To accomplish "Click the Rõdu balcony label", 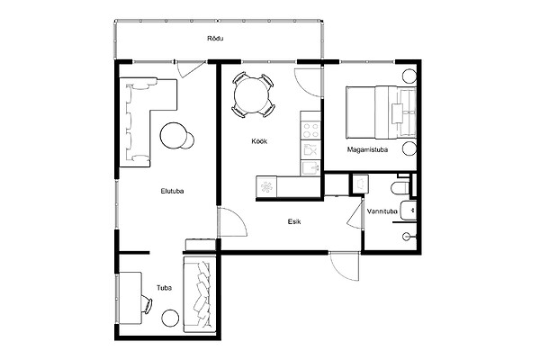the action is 215,38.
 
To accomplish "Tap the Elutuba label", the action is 172,191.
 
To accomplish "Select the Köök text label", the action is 259,141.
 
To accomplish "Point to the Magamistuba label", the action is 367,150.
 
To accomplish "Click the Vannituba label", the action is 382,211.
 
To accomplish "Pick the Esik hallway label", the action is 294,221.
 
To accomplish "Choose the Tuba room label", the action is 165,288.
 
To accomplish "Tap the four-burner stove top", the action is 310,130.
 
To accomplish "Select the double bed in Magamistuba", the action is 381,112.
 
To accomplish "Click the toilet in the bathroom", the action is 400,188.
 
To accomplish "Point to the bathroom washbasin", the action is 409,210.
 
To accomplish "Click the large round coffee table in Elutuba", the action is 173,135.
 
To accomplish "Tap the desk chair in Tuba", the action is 147,304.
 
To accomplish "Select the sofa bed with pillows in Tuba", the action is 200,294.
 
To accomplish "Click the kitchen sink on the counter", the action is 310,168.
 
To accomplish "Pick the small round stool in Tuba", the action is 170,318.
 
